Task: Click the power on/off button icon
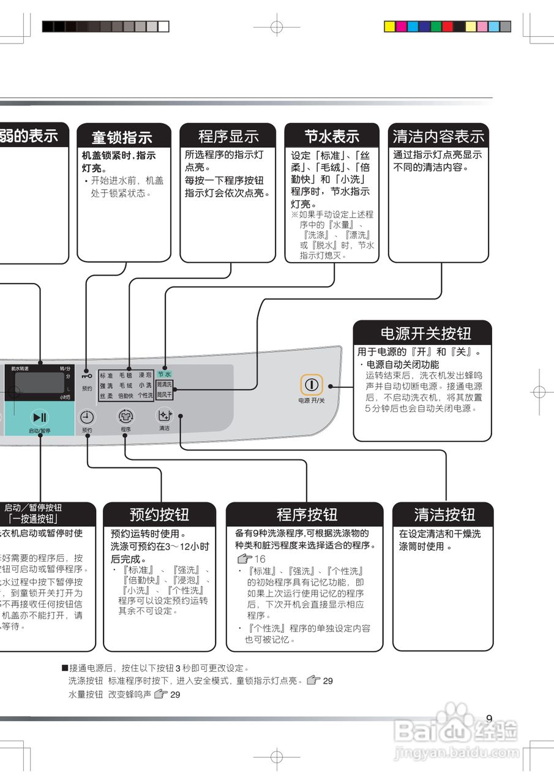click(x=312, y=385)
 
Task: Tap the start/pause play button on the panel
click(x=40, y=418)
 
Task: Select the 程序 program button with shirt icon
click(x=125, y=417)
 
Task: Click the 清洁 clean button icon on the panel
click(x=163, y=416)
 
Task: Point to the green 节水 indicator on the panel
click(x=164, y=374)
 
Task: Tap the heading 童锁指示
click(x=122, y=137)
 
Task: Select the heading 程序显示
click(x=228, y=136)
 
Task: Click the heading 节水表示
click(x=332, y=135)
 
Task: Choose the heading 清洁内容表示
click(x=438, y=135)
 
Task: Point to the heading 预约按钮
click(x=159, y=514)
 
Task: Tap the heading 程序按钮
click(x=307, y=514)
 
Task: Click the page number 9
click(x=489, y=718)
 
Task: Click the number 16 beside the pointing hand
click(x=260, y=559)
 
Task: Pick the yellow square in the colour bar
click(x=389, y=26)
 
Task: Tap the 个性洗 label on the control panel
click(x=145, y=396)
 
